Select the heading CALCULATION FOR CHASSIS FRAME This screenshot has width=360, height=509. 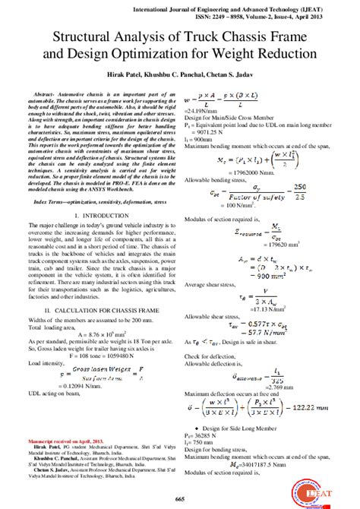click(109, 311)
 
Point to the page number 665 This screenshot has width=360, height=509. click(180, 498)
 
